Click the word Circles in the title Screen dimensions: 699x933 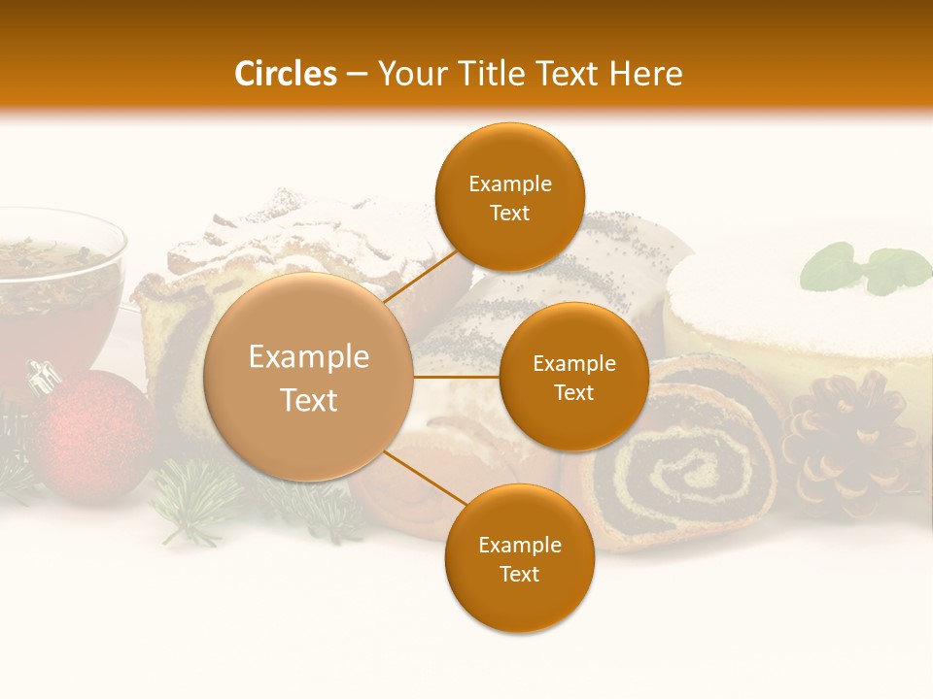coord(285,74)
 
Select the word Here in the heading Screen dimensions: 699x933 coord(646,74)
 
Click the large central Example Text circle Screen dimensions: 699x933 coord(310,378)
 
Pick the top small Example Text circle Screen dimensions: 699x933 coord(509,197)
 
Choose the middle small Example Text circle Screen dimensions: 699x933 coord(573,377)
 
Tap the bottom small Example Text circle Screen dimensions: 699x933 coord(519,558)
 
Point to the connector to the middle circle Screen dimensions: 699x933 coord(456,377)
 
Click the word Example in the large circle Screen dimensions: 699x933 coord(309,357)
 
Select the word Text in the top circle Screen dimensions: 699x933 coord(509,213)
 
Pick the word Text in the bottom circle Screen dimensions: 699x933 coord(519,574)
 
